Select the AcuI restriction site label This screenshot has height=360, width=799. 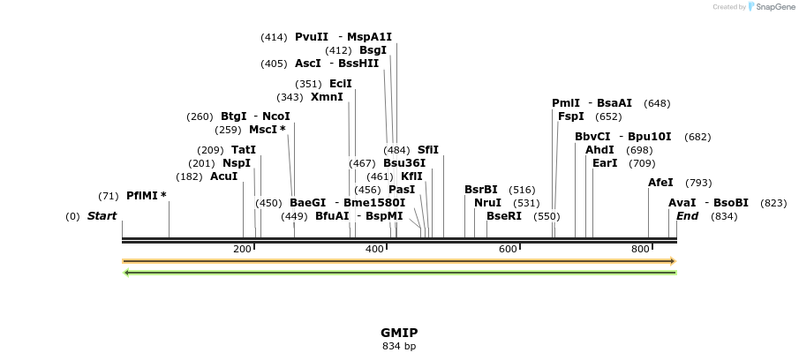(223, 176)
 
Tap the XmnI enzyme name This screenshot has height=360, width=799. (327, 97)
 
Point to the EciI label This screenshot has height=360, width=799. (340, 84)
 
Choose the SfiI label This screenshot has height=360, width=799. (428, 150)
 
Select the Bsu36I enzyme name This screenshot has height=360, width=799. (404, 163)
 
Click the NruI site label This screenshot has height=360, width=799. (487, 203)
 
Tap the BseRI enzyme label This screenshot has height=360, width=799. (504, 216)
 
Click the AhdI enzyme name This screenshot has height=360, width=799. (599, 150)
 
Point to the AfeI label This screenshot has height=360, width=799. (660, 183)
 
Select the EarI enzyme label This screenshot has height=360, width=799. (605, 163)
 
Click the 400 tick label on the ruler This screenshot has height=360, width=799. (375, 250)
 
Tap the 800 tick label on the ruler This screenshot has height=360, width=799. (641, 250)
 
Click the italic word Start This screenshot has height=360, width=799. (102, 216)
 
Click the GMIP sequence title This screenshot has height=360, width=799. (399, 333)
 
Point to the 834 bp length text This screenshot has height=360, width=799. (399, 346)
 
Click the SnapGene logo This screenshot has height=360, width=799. (771, 7)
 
